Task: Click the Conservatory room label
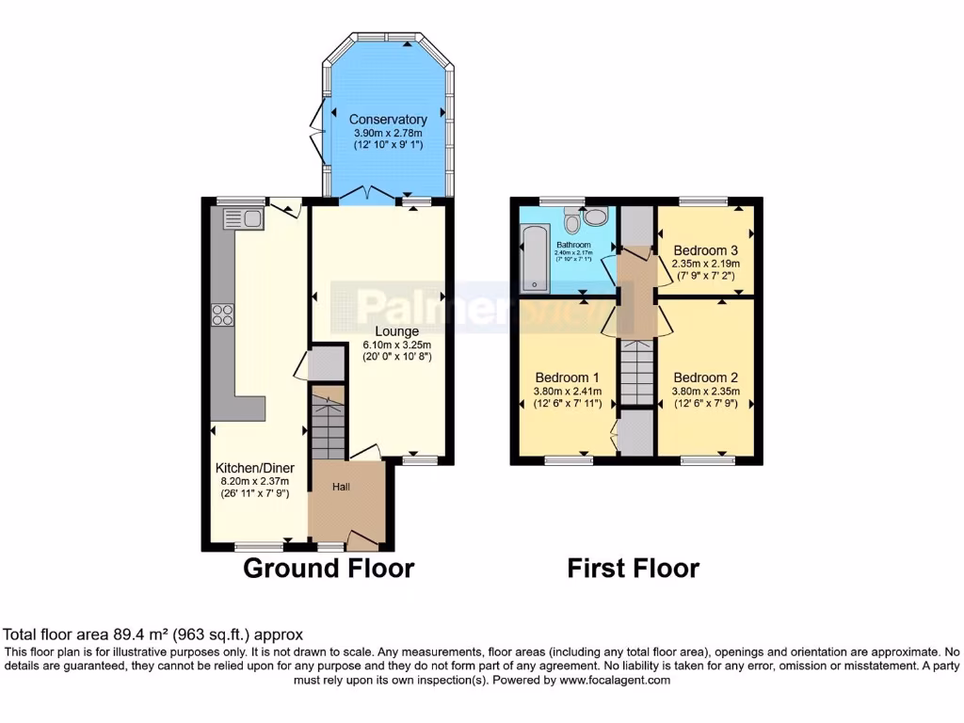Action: click(388, 120)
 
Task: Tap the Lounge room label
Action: click(396, 331)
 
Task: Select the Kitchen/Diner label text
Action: click(254, 468)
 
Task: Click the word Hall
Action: click(342, 487)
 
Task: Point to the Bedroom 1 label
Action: click(561, 378)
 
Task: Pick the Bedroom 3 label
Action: click(705, 250)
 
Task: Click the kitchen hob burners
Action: click(223, 314)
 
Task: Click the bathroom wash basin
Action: click(596, 217)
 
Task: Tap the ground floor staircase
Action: click(329, 423)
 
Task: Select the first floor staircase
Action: click(636, 373)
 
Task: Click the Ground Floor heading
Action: click(329, 569)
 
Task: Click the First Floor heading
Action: click(633, 569)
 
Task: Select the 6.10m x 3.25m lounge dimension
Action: click(396, 345)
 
